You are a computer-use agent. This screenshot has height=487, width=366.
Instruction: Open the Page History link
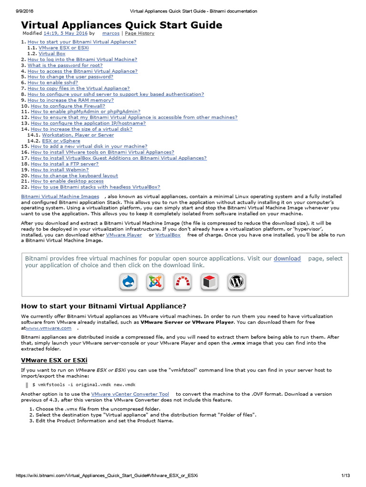[x=140, y=34]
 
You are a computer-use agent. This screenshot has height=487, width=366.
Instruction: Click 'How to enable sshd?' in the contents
[x=52, y=82]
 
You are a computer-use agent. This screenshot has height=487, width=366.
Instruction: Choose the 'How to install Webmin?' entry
[x=60, y=169]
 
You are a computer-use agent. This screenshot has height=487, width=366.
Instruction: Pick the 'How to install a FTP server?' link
[x=65, y=164]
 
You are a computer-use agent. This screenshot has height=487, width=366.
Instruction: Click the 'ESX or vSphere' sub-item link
[x=61, y=141]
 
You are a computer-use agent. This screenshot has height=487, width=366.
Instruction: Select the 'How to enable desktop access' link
[x=67, y=181]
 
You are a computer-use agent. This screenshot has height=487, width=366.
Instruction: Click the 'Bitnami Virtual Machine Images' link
[x=60, y=196]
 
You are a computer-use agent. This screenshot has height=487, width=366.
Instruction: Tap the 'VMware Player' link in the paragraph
[x=123, y=235]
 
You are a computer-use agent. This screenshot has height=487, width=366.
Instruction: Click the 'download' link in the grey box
[x=287, y=258]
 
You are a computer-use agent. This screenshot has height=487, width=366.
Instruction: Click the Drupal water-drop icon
[x=128, y=282]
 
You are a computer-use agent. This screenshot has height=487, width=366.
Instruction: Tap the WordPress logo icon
[x=236, y=282]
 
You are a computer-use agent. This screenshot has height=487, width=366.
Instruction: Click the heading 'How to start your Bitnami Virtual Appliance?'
[x=104, y=305]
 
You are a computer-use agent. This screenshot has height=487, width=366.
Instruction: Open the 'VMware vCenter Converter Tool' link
[x=130, y=394]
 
